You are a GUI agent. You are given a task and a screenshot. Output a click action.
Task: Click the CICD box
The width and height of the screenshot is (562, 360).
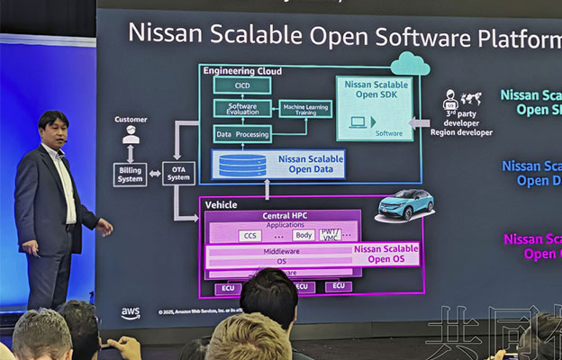241,86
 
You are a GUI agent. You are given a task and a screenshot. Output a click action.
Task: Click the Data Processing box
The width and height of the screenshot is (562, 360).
241,133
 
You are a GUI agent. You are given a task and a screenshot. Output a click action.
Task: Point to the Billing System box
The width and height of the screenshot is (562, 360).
130,174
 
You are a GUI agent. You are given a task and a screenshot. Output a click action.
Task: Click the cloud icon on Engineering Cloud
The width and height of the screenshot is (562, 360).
410,63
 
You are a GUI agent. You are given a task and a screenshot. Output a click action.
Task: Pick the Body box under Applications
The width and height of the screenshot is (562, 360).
304,235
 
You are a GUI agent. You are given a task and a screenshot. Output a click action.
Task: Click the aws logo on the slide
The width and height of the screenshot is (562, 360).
131,313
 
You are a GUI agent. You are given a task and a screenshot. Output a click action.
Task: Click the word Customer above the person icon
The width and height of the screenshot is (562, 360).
131,119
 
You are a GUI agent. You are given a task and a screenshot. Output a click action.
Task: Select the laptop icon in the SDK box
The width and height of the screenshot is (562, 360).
360,121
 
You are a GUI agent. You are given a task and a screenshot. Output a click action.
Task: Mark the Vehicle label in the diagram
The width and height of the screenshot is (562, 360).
222,205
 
